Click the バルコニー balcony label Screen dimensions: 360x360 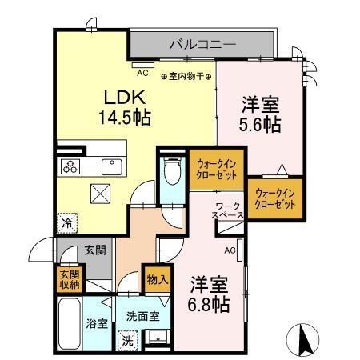point(202,45)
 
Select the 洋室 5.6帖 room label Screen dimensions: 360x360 point(261,114)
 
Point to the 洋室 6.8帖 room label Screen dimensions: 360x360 point(210,293)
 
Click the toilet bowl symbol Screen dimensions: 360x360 point(170,170)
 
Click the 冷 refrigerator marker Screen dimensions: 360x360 point(67,225)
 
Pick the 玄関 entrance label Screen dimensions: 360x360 point(94,251)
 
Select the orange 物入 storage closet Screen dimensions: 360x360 point(156,280)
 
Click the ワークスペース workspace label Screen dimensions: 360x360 point(227,211)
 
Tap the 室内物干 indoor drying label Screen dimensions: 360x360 point(185,78)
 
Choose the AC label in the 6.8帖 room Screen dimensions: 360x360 point(230,251)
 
